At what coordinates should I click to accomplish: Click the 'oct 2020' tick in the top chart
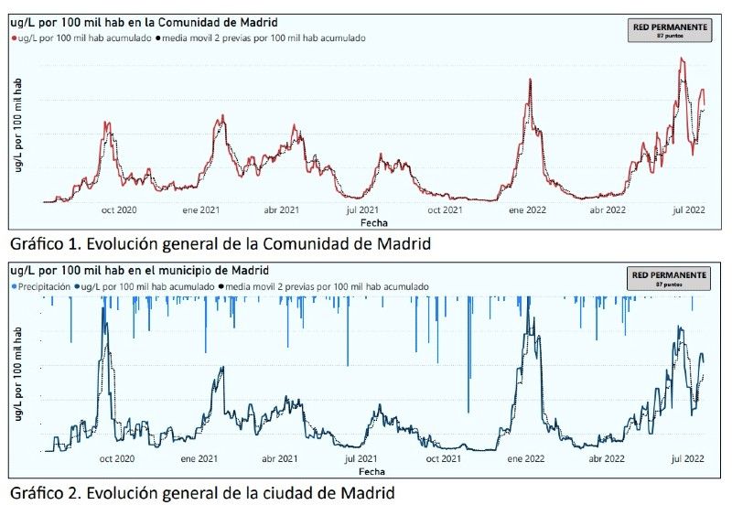118,210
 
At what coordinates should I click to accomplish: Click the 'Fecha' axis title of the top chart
372,222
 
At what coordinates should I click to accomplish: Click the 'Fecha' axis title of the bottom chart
372,471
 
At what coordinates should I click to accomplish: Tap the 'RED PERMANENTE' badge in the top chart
670,30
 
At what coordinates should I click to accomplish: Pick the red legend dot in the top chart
15,38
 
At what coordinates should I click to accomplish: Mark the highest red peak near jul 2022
681,59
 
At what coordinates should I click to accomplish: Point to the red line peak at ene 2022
530,80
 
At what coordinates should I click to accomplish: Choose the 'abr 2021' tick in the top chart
282,210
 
